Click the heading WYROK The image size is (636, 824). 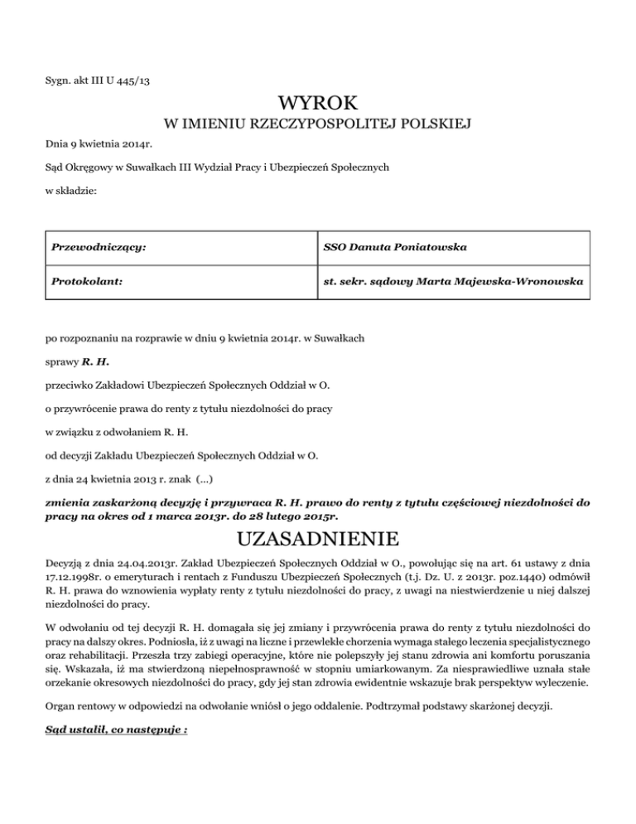[318, 104]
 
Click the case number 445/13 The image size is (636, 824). [132, 80]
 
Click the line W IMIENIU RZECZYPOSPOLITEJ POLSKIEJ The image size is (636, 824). [318, 125]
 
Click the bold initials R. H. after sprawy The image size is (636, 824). [96, 362]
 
